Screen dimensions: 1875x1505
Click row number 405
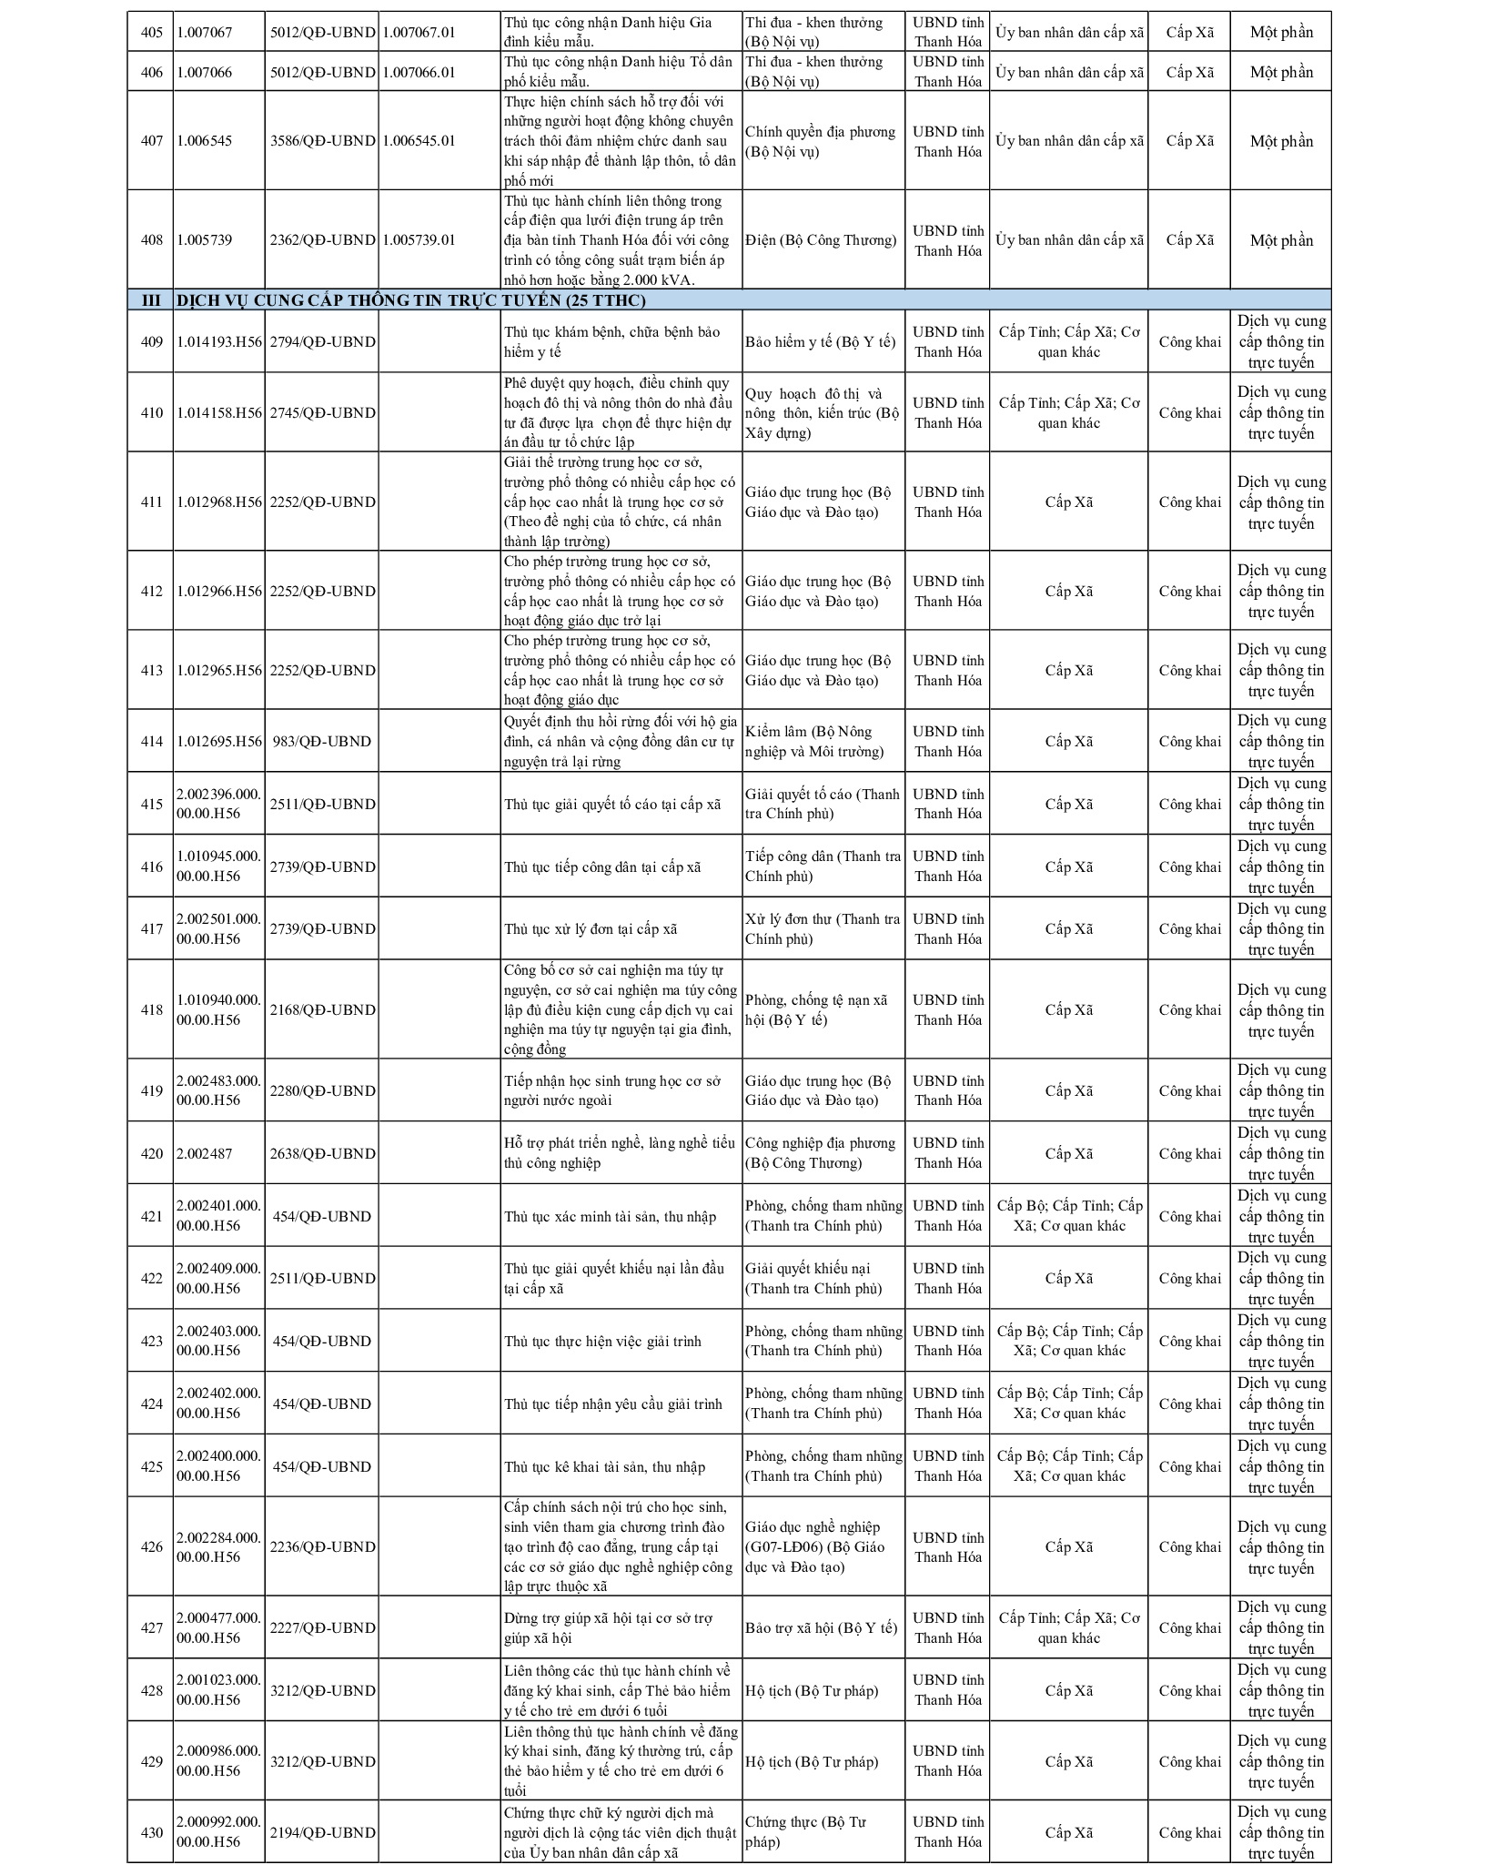coord(151,33)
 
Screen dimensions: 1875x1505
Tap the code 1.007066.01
coord(419,73)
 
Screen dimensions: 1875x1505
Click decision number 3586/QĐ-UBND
coord(322,141)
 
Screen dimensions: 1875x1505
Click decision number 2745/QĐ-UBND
coord(322,413)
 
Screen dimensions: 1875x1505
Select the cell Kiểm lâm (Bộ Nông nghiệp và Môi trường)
coord(814,742)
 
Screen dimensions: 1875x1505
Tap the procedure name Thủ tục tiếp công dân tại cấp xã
coord(602,867)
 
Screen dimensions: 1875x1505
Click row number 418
coord(151,1010)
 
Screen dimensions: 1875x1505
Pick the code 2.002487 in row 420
coord(205,1154)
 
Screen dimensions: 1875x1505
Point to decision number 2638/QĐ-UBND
coord(322,1154)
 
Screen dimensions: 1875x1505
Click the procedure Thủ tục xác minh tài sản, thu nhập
coord(610,1217)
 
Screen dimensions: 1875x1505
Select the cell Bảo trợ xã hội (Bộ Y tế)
coord(821,1628)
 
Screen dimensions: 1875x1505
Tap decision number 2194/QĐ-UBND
coord(322,1833)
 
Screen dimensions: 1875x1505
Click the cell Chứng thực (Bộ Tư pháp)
coord(805,1833)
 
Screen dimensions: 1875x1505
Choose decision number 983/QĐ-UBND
coord(322,742)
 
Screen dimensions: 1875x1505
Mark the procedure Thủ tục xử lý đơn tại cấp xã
coord(591,929)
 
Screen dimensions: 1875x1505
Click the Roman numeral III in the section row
coord(151,300)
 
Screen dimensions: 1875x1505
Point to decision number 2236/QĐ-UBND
coord(322,1547)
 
